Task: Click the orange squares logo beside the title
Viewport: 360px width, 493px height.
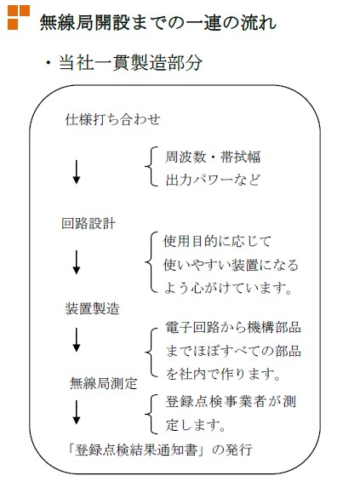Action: [x=19, y=17]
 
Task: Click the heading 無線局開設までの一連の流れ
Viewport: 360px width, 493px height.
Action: [x=158, y=22]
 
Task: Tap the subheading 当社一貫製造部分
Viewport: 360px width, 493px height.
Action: [x=130, y=62]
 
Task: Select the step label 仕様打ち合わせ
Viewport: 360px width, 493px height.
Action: [x=112, y=119]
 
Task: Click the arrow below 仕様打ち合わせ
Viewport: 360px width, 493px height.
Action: [x=77, y=172]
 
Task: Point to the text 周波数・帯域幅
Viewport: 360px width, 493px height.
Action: [x=213, y=157]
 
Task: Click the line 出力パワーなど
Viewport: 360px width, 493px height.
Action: [x=213, y=180]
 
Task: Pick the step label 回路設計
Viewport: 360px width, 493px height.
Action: [x=89, y=224]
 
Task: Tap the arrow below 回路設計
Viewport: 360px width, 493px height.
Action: [x=77, y=262]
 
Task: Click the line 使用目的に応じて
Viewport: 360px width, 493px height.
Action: [x=217, y=241]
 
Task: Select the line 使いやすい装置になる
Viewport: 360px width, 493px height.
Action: [x=231, y=265]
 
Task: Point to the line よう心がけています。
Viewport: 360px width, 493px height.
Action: [x=228, y=288]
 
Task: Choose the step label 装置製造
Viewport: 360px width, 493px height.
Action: [x=93, y=308]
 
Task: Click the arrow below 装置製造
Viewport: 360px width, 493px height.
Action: [x=77, y=340]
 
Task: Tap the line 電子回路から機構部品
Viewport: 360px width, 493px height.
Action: [x=233, y=327]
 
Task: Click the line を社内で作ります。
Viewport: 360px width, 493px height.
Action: [x=223, y=374]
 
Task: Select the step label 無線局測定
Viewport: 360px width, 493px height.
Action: [x=103, y=383]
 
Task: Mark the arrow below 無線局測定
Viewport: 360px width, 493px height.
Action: [x=77, y=412]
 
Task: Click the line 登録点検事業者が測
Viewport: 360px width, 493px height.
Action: [x=231, y=402]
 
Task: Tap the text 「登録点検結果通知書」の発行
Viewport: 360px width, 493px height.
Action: [x=159, y=450]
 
